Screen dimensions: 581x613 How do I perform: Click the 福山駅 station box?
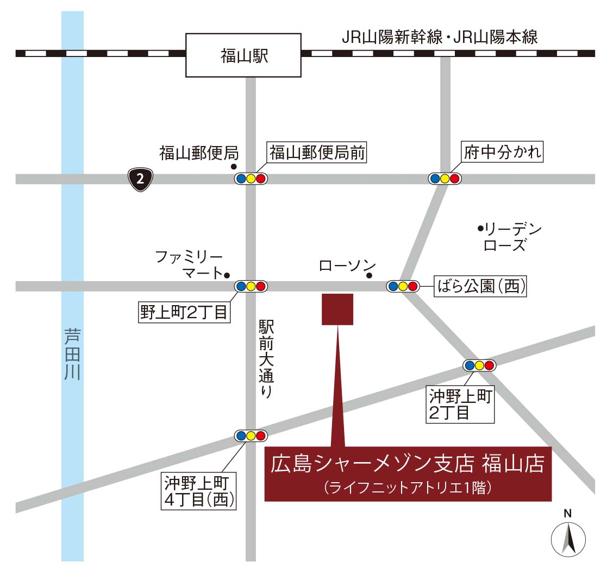coord(243,55)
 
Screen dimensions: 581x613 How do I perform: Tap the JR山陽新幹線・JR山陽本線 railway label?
coord(439,37)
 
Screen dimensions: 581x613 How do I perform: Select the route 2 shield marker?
coord(140,179)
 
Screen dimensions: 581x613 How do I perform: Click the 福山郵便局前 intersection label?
coord(317,153)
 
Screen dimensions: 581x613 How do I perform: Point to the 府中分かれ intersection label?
coord(502,152)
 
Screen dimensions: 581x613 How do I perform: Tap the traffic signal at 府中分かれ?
coord(445,179)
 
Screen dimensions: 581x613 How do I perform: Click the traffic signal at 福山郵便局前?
coord(251,179)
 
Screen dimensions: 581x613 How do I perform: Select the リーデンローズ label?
coord(509,237)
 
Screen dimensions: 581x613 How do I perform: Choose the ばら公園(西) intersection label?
coord(481,286)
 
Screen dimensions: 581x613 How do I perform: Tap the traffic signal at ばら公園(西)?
coord(403,286)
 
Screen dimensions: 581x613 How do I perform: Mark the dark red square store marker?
coord(337,310)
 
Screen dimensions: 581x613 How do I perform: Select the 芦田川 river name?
coord(72,353)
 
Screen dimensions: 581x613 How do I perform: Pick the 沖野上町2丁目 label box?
coord(461,405)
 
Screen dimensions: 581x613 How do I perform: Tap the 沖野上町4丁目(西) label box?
coord(199,491)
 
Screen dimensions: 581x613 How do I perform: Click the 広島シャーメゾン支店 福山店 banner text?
coord(408,465)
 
